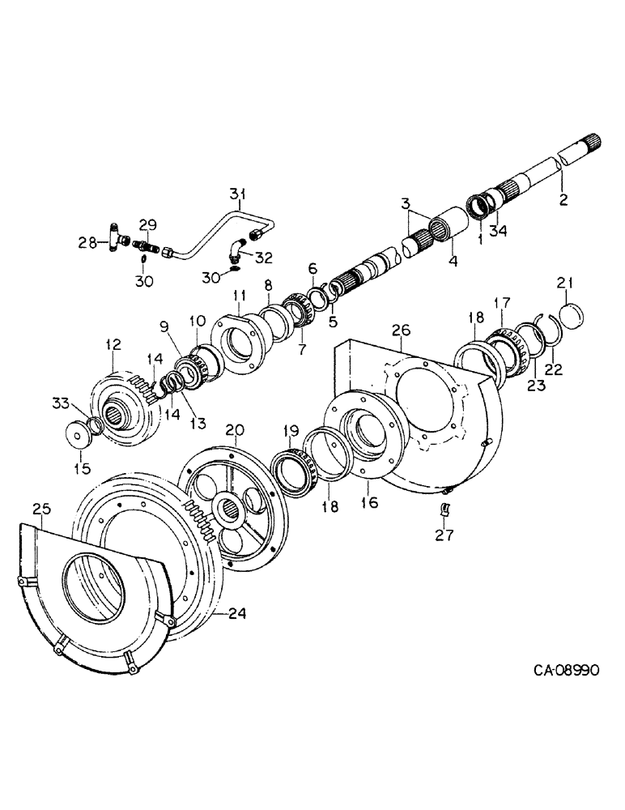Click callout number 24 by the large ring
click(235, 612)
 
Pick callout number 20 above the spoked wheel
click(233, 430)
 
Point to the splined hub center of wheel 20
click(223, 511)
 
